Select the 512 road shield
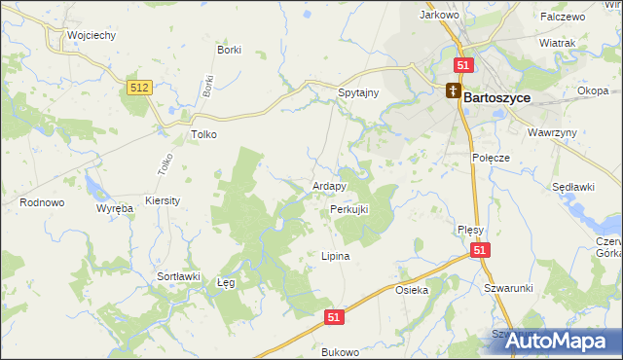(x=138, y=88)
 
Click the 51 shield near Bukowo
(x=334, y=317)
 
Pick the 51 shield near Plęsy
(x=480, y=251)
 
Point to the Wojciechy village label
(x=92, y=35)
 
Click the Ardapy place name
(x=330, y=186)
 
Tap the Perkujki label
(x=349, y=209)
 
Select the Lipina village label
(x=335, y=257)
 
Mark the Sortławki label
(x=178, y=276)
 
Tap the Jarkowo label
(x=438, y=16)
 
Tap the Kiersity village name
(x=163, y=199)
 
